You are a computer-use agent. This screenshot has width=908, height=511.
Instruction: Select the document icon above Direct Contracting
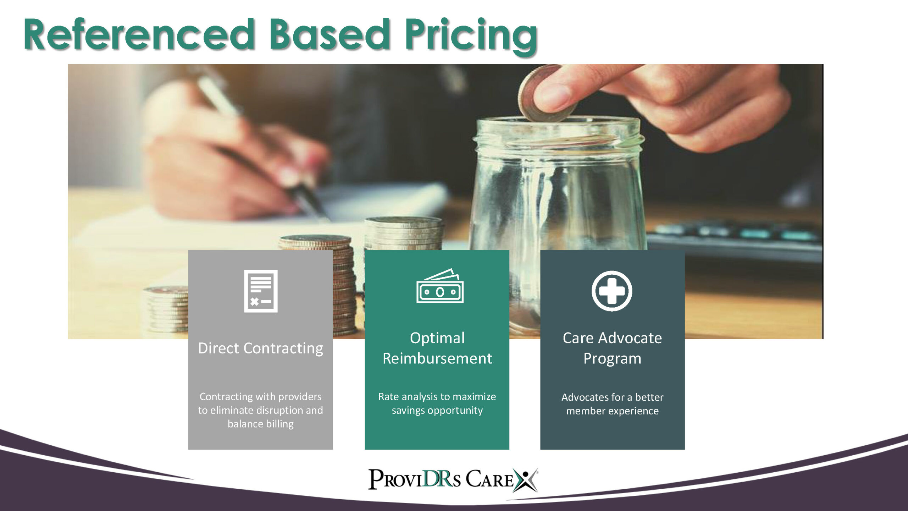(x=261, y=291)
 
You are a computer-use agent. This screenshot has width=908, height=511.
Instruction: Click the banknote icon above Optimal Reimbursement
(x=440, y=286)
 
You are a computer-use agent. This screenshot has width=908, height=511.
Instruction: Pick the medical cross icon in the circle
(x=612, y=291)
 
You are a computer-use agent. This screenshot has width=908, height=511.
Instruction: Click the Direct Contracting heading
(x=261, y=348)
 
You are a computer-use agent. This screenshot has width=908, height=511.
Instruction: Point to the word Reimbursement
(x=437, y=358)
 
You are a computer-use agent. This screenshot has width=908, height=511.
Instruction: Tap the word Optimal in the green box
(x=437, y=338)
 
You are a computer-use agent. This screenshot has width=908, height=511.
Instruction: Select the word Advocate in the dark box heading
(x=630, y=338)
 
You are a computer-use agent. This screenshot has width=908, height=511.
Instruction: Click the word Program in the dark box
(x=613, y=359)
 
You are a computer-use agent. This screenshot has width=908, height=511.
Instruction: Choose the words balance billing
(x=261, y=424)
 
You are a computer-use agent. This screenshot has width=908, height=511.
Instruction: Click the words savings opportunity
(x=437, y=410)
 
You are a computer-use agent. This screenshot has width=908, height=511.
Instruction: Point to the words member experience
(x=613, y=411)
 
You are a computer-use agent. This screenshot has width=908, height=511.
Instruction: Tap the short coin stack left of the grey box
(x=166, y=309)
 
